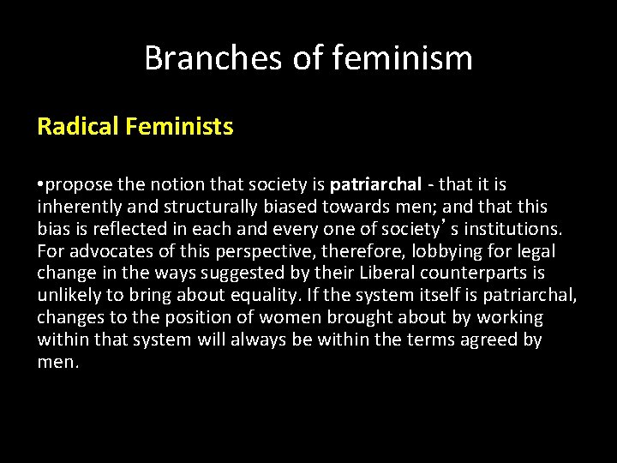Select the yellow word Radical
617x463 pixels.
coord(78,127)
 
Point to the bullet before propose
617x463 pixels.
coord(41,184)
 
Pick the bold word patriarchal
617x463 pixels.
coord(375,184)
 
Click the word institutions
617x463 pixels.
coord(514,229)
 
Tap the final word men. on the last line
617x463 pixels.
coord(57,363)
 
